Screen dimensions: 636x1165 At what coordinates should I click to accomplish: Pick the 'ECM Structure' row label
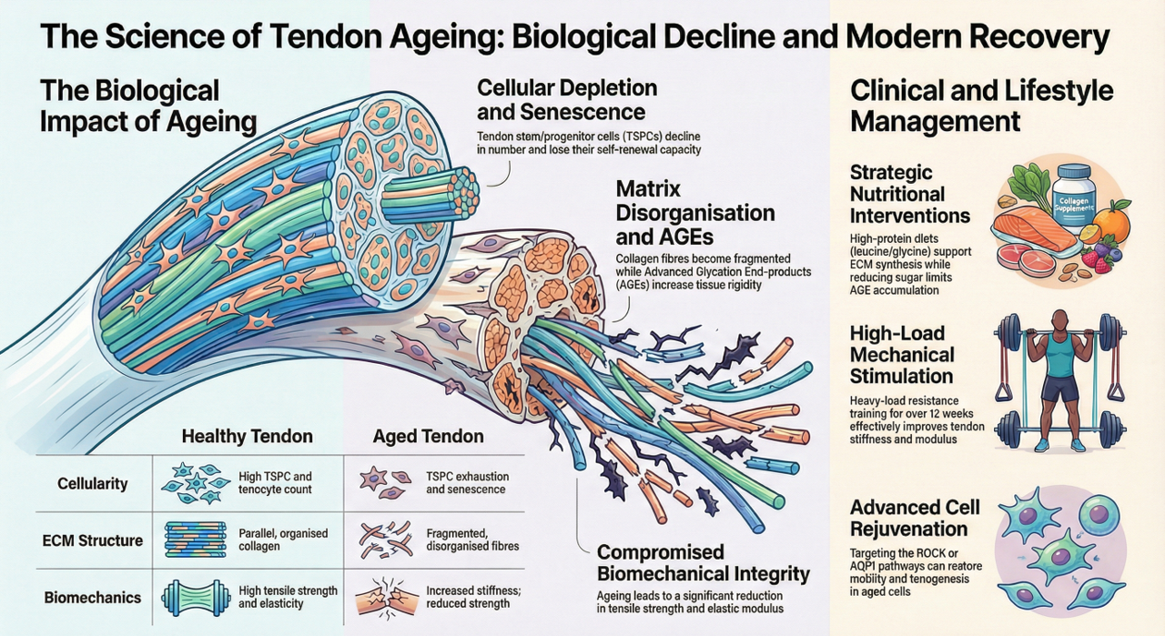point(93,540)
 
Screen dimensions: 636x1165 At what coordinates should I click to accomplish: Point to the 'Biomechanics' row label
point(93,598)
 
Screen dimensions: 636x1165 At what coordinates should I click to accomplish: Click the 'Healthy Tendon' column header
point(247,437)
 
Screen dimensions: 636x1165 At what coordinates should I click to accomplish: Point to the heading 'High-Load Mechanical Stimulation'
point(902,353)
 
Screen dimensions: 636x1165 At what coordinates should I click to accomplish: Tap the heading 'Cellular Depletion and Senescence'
point(567,100)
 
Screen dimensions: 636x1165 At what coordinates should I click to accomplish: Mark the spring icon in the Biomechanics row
point(192,598)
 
